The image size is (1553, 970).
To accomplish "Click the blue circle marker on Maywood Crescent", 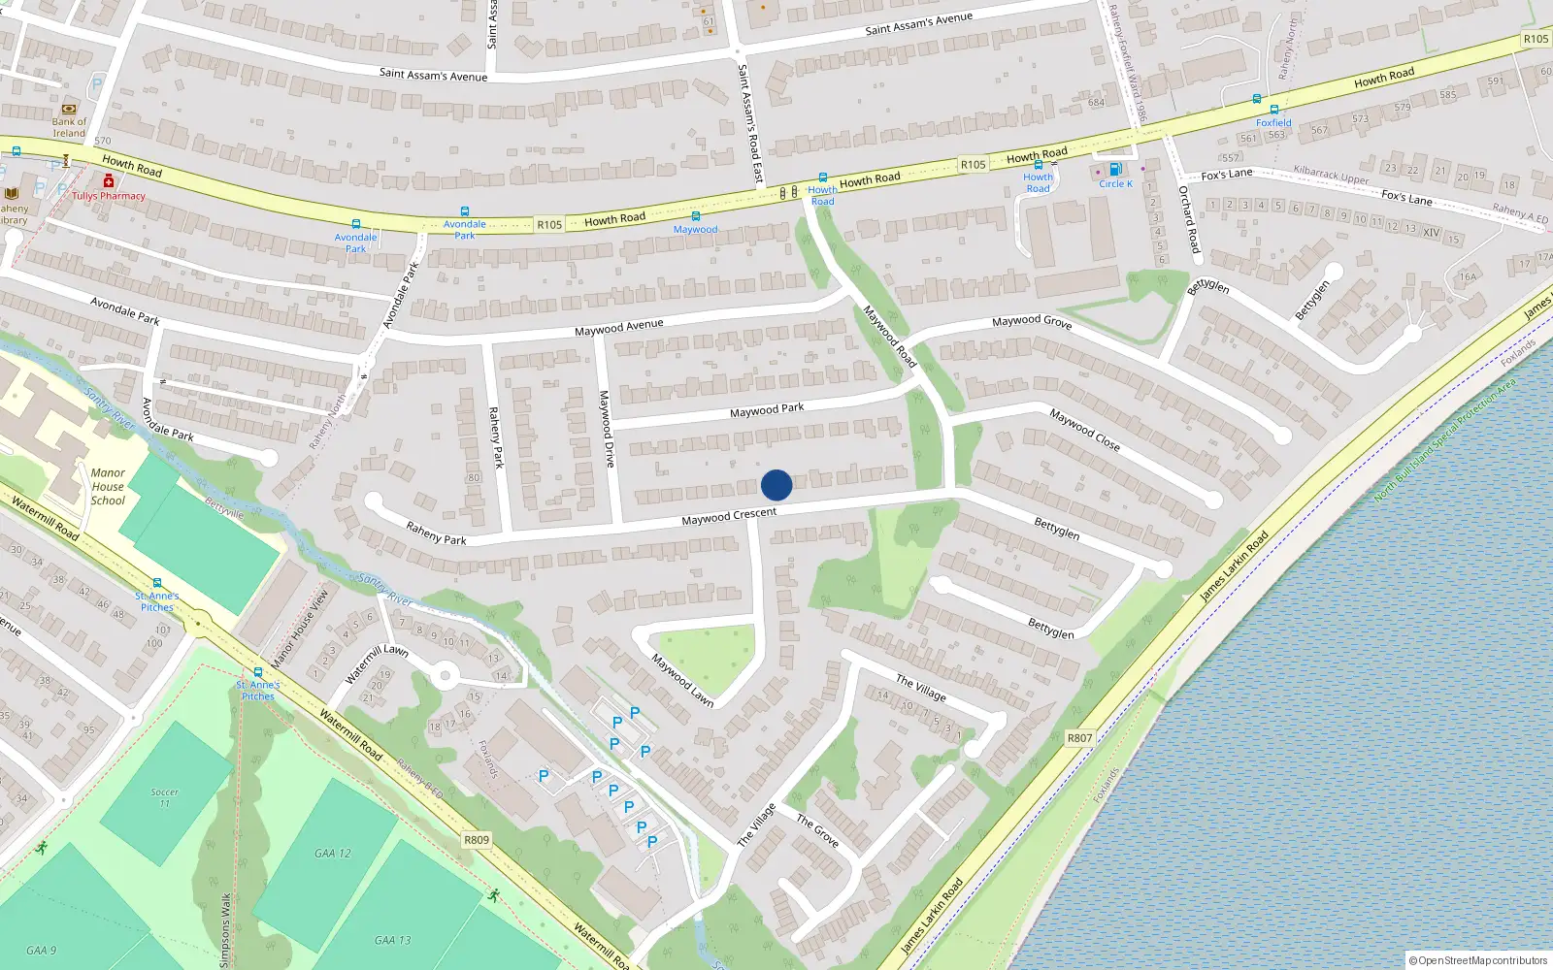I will pyautogui.click(x=776, y=485).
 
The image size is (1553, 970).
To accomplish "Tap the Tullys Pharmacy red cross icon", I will pyautogui.click(x=109, y=181).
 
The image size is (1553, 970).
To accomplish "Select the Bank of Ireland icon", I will pyautogui.click(x=69, y=110).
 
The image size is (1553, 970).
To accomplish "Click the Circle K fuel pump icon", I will pyautogui.click(x=1115, y=170).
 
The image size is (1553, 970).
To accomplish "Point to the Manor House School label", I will pyautogui.click(x=108, y=487).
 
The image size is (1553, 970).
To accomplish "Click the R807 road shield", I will pyautogui.click(x=1079, y=738).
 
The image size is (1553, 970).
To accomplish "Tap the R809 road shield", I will pyautogui.click(x=477, y=840).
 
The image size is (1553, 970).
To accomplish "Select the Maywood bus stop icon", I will pyautogui.click(x=695, y=216).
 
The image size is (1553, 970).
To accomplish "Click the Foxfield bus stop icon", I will pyautogui.click(x=1273, y=111).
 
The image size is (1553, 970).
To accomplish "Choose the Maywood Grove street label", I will pyautogui.click(x=1032, y=321).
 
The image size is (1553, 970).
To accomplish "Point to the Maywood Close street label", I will pyautogui.click(x=1084, y=430).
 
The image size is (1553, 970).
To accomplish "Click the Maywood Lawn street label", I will pyautogui.click(x=682, y=680).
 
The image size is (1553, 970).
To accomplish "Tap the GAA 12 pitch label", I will pyautogui.click(x=332, y=854).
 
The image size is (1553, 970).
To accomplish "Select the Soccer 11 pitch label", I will pyautogui.click(x=165, y=797).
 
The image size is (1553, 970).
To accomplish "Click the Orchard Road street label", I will pyautogui.click(x=1189, y=219).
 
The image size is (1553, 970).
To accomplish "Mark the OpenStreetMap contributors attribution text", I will pyautogui.click(x=1478, y=961).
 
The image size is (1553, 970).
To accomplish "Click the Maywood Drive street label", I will pyautogui.click(x=607, y=429).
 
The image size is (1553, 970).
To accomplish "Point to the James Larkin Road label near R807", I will pyautogui.click(x=1234, y=566).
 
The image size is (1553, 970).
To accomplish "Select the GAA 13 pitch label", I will pyautogui.click(x=392, y=940).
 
